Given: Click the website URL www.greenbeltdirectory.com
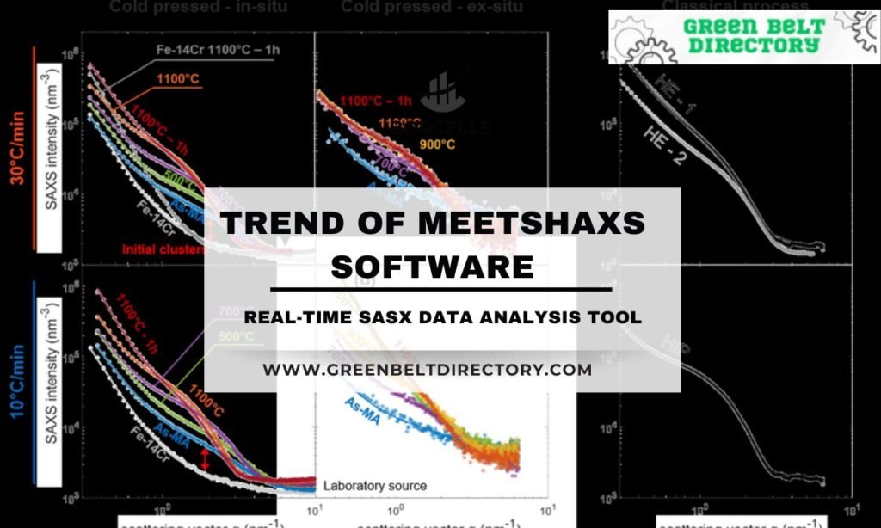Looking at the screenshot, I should (x=428, y=370).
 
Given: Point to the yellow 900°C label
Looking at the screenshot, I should (x=438, y=143).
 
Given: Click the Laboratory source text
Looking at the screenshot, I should (x=375, y=486).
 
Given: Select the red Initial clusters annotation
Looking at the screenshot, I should (x=163, y=249).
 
